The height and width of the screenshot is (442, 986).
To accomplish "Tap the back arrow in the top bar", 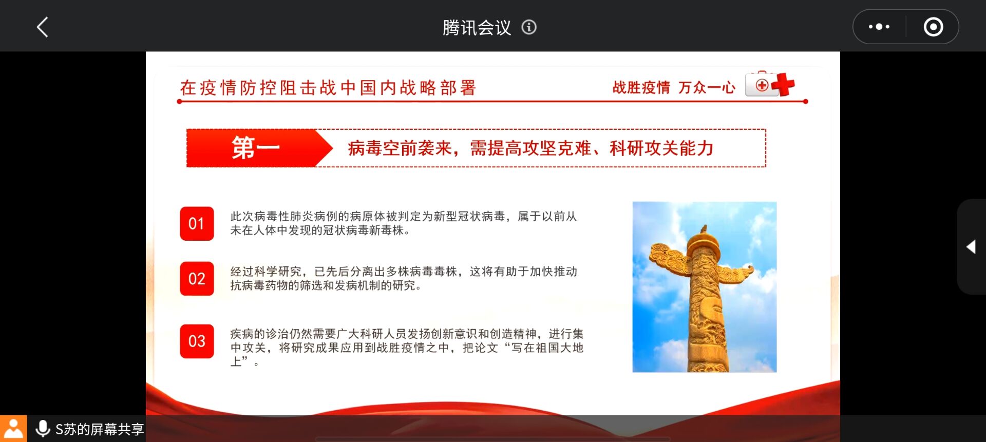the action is [x=43, y=27].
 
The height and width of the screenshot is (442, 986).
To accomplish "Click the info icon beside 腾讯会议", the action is [x=529, y=27].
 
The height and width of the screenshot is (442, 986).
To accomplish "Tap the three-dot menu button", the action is [x=879, y=27].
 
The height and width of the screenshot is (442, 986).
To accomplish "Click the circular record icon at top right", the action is [x=933, y=27].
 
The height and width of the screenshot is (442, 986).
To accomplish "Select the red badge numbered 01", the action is [x=197, y=223].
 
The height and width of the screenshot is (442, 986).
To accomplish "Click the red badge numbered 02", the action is [x=197, y=279].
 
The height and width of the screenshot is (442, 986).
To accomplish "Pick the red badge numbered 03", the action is [x=197, y=341].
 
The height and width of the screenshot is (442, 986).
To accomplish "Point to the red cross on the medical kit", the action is [x=783, y=85].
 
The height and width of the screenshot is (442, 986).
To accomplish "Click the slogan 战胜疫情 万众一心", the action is [x=674, y=88].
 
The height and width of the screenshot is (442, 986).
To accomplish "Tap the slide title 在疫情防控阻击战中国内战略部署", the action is [x=328, y=88].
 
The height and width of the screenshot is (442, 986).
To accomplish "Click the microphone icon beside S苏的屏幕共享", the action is [x=43, y=429].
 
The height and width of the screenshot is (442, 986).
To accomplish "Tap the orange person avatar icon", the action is [x=13, y=429].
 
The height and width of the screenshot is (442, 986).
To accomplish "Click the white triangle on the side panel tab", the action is [x=971, y=247].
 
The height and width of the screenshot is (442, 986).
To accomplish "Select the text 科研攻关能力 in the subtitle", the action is [x=661, y=148].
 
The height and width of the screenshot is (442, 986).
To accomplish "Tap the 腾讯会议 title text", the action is [x=477, y=27].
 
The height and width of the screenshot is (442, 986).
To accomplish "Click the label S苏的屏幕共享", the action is [x=100, y=429].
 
